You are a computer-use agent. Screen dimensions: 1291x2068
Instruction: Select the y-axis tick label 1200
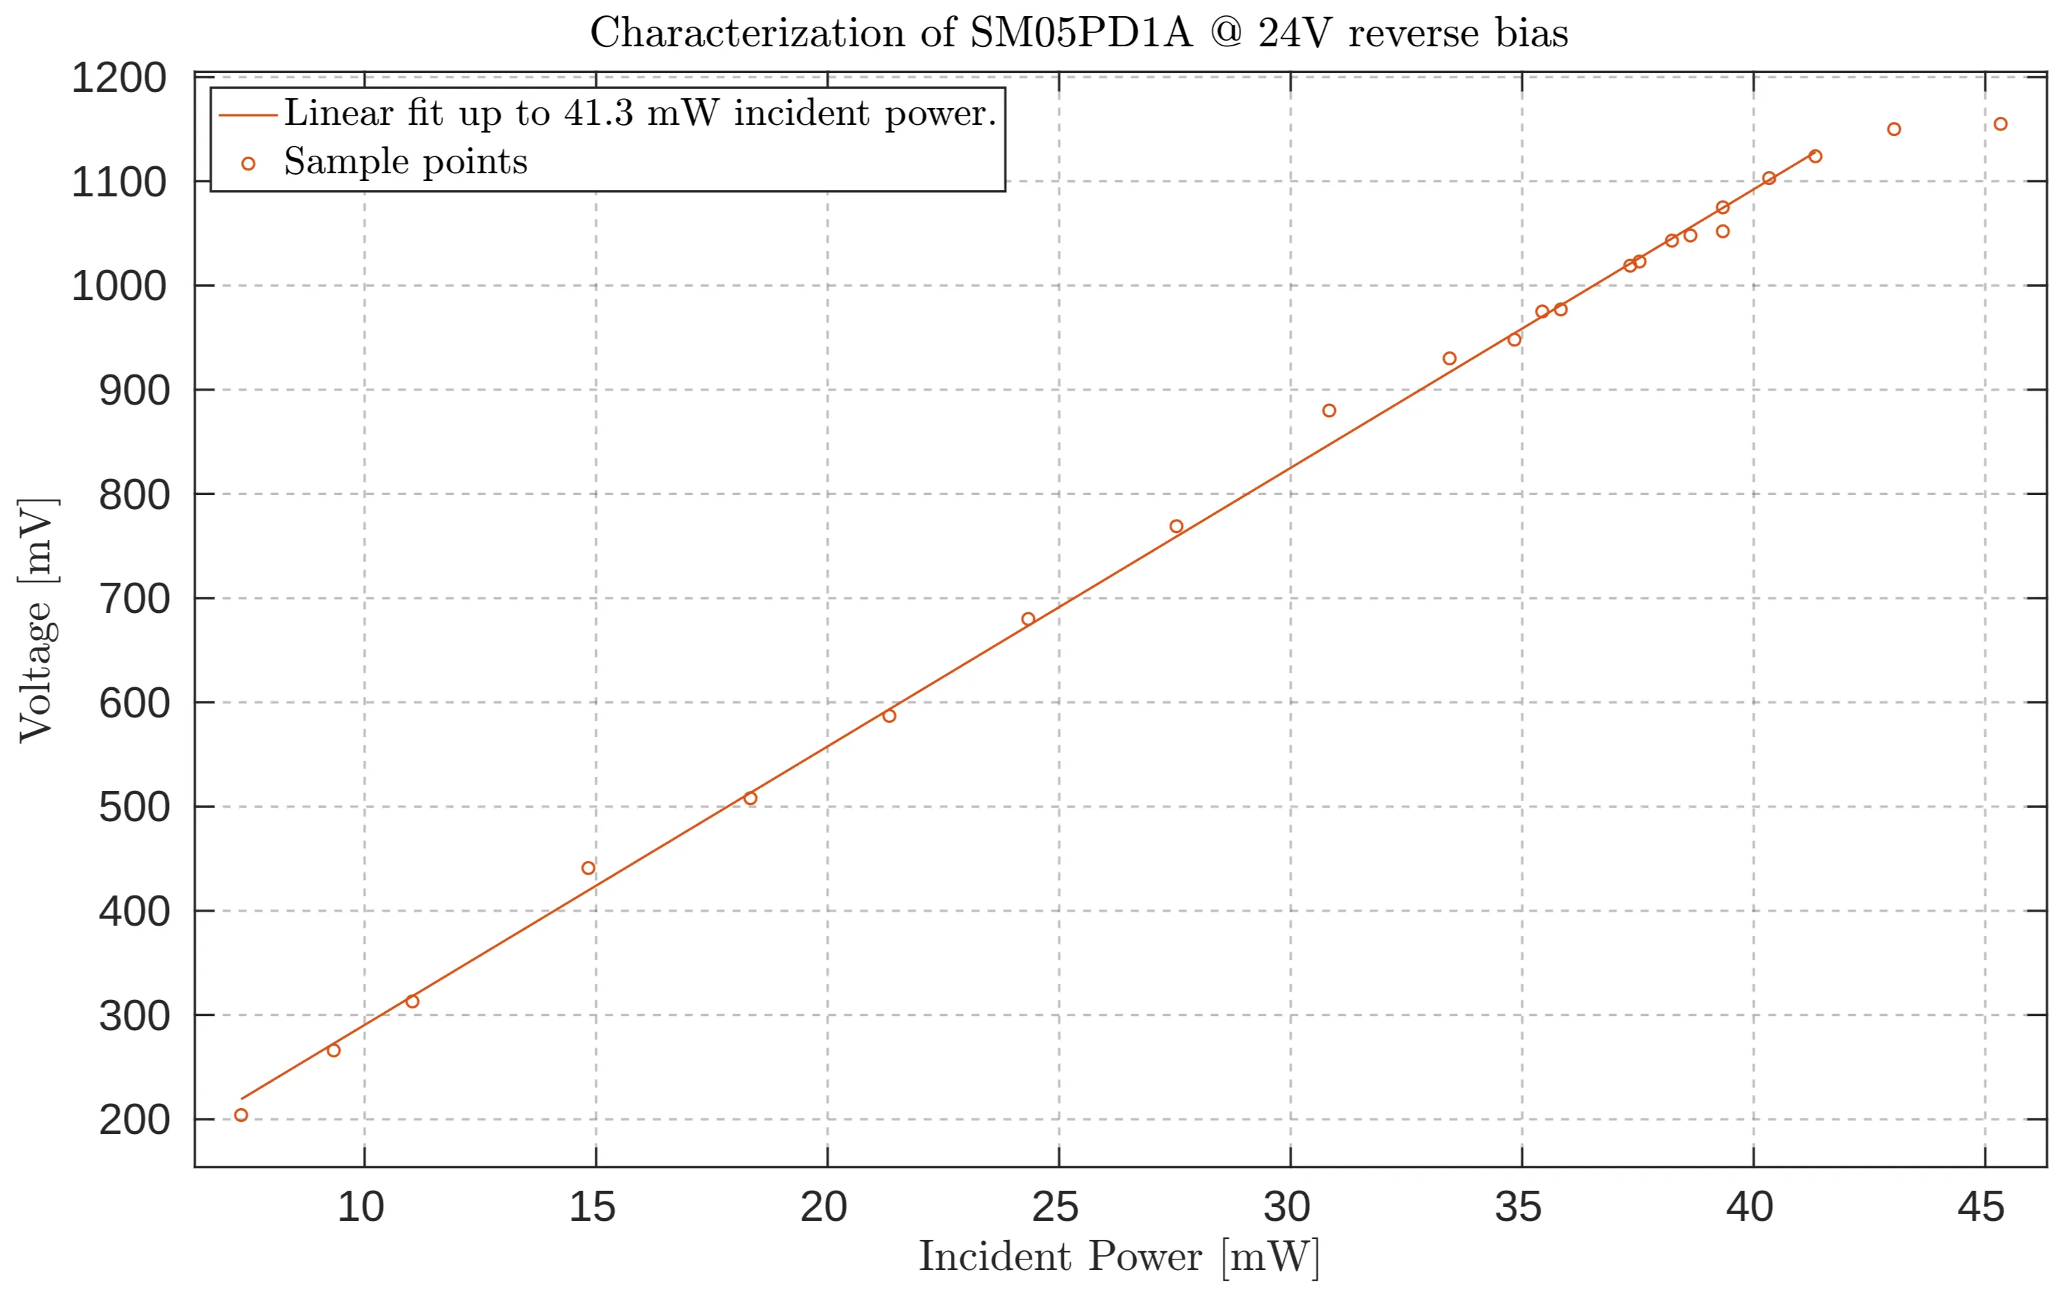pos(119,79)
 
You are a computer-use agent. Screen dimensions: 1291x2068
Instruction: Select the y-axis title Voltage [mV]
pos(38,620)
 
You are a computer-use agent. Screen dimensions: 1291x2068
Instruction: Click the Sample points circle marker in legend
pos(248,164)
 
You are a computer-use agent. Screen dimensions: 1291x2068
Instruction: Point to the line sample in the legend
pos(248,115)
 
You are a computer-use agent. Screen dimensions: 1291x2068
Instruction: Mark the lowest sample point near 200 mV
pos(241,1115)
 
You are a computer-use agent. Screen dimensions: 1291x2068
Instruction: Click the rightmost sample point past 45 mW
pos(2001,125)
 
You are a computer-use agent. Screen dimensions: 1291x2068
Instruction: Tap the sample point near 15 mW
pos(588,868)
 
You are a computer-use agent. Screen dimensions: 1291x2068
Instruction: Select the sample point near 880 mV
pos(1330,411)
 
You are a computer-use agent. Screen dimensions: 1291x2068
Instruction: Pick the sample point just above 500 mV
pos(750,798)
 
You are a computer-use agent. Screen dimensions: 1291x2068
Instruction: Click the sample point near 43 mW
pos(1894,130)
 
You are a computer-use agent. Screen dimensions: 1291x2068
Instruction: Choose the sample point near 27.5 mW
pos(1177,527)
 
